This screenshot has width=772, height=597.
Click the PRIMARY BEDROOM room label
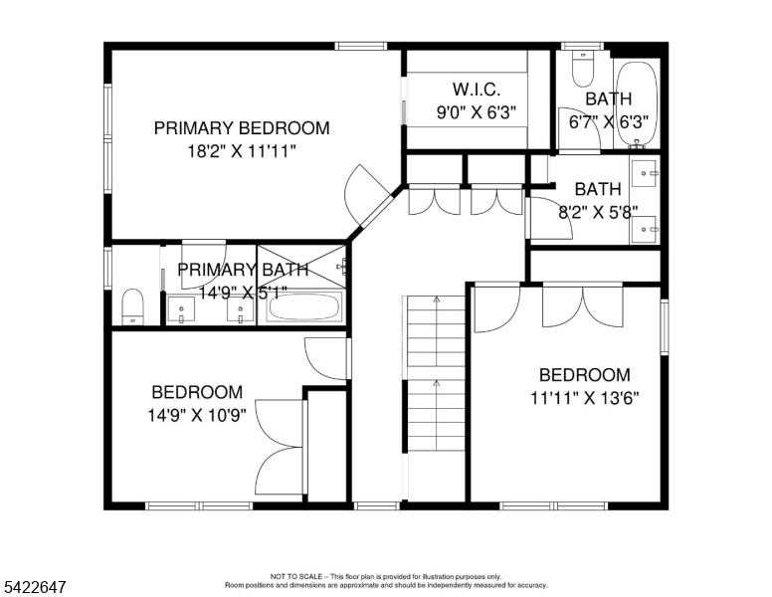[242, 128]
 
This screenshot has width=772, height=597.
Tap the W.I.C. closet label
[477, 90]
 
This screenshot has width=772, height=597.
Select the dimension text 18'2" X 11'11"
[242, 151]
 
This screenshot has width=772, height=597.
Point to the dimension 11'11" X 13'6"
[584, 398]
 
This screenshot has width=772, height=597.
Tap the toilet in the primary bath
[132, 306]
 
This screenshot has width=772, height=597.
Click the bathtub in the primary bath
[304, 307]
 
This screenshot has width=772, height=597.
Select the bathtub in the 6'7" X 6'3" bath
[637, 104]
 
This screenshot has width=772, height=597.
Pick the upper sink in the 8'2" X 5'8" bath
[646, 173]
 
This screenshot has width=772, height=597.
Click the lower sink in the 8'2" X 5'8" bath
[644, 230]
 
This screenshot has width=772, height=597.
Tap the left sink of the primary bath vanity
[181, 310]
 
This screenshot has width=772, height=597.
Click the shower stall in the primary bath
[301, 267]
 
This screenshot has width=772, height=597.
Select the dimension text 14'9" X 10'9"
[197, 415]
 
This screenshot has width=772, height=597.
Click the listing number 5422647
[35, 587]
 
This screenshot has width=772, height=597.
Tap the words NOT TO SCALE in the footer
[296, 576]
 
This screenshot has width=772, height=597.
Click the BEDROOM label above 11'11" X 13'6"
[584, 375]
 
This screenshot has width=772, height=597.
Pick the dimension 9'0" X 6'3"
[477, 112]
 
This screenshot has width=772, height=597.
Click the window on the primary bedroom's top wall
[361, 47]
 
